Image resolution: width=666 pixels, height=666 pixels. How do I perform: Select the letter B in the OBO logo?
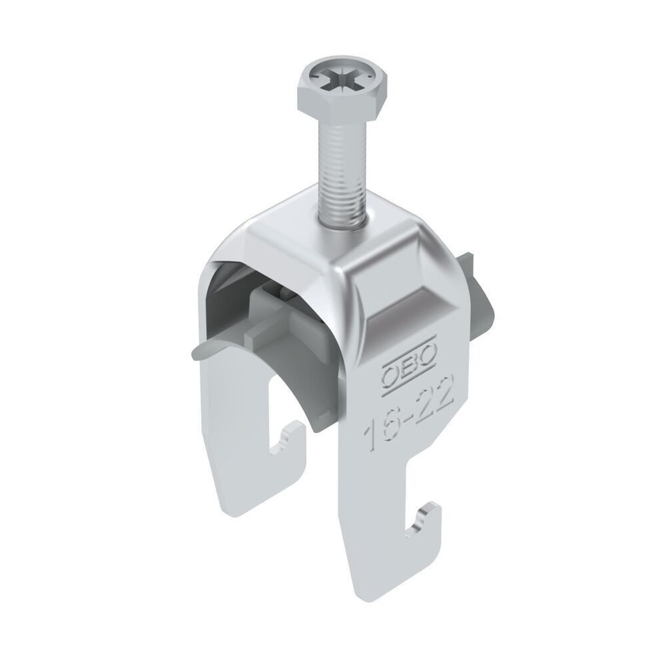411,365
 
